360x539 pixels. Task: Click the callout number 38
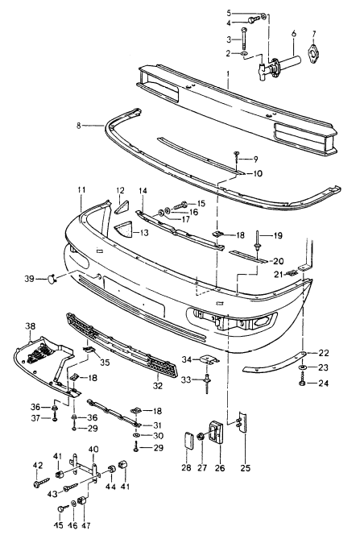pos(31,326)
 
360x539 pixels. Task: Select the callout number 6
pos(293,32)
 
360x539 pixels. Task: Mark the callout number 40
pos(93,449)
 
